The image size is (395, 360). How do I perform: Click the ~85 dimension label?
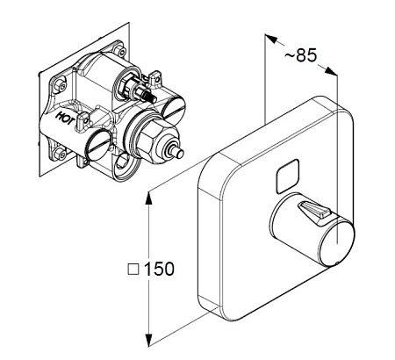coord(300,55)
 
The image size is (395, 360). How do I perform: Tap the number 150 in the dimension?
coord(159,269)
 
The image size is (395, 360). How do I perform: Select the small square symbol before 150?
coord(133,270)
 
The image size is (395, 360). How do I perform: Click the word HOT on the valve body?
coord(66,118)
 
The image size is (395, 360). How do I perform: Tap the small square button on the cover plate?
coord(288,176)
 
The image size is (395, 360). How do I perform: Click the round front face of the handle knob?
coord(336,244)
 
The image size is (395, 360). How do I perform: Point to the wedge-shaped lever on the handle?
coord(314,211)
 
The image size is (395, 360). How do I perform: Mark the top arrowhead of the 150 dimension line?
coord(149,198)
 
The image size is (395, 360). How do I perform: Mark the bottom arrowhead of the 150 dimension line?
coord(149,341)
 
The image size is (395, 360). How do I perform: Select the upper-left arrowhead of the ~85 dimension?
coord(270,39)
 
